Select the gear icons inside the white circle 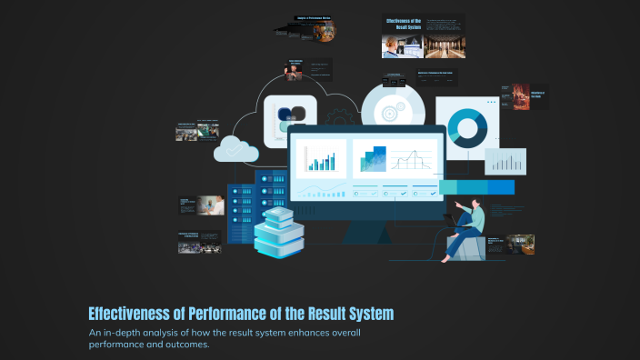point(393,111)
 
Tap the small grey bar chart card point(505,162)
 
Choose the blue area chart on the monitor point(369,160)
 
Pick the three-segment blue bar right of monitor point(476,187)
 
